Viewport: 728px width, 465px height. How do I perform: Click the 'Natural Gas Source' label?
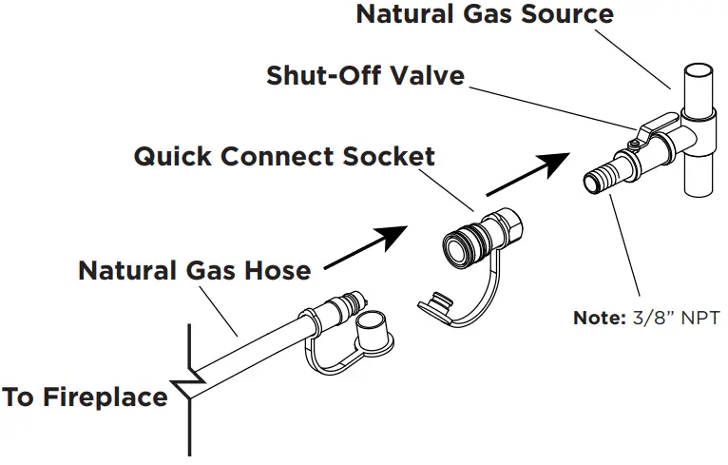tap(485, 15)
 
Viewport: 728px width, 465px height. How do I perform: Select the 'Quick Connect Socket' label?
tap(284, 156)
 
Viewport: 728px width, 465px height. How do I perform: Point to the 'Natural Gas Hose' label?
tap(194, 270)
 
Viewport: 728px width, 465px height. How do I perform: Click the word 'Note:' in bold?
tap(599, 319)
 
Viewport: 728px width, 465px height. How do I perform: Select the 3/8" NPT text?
tap(676, 319)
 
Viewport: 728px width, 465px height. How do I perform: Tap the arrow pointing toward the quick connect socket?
tap(366, 248)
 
